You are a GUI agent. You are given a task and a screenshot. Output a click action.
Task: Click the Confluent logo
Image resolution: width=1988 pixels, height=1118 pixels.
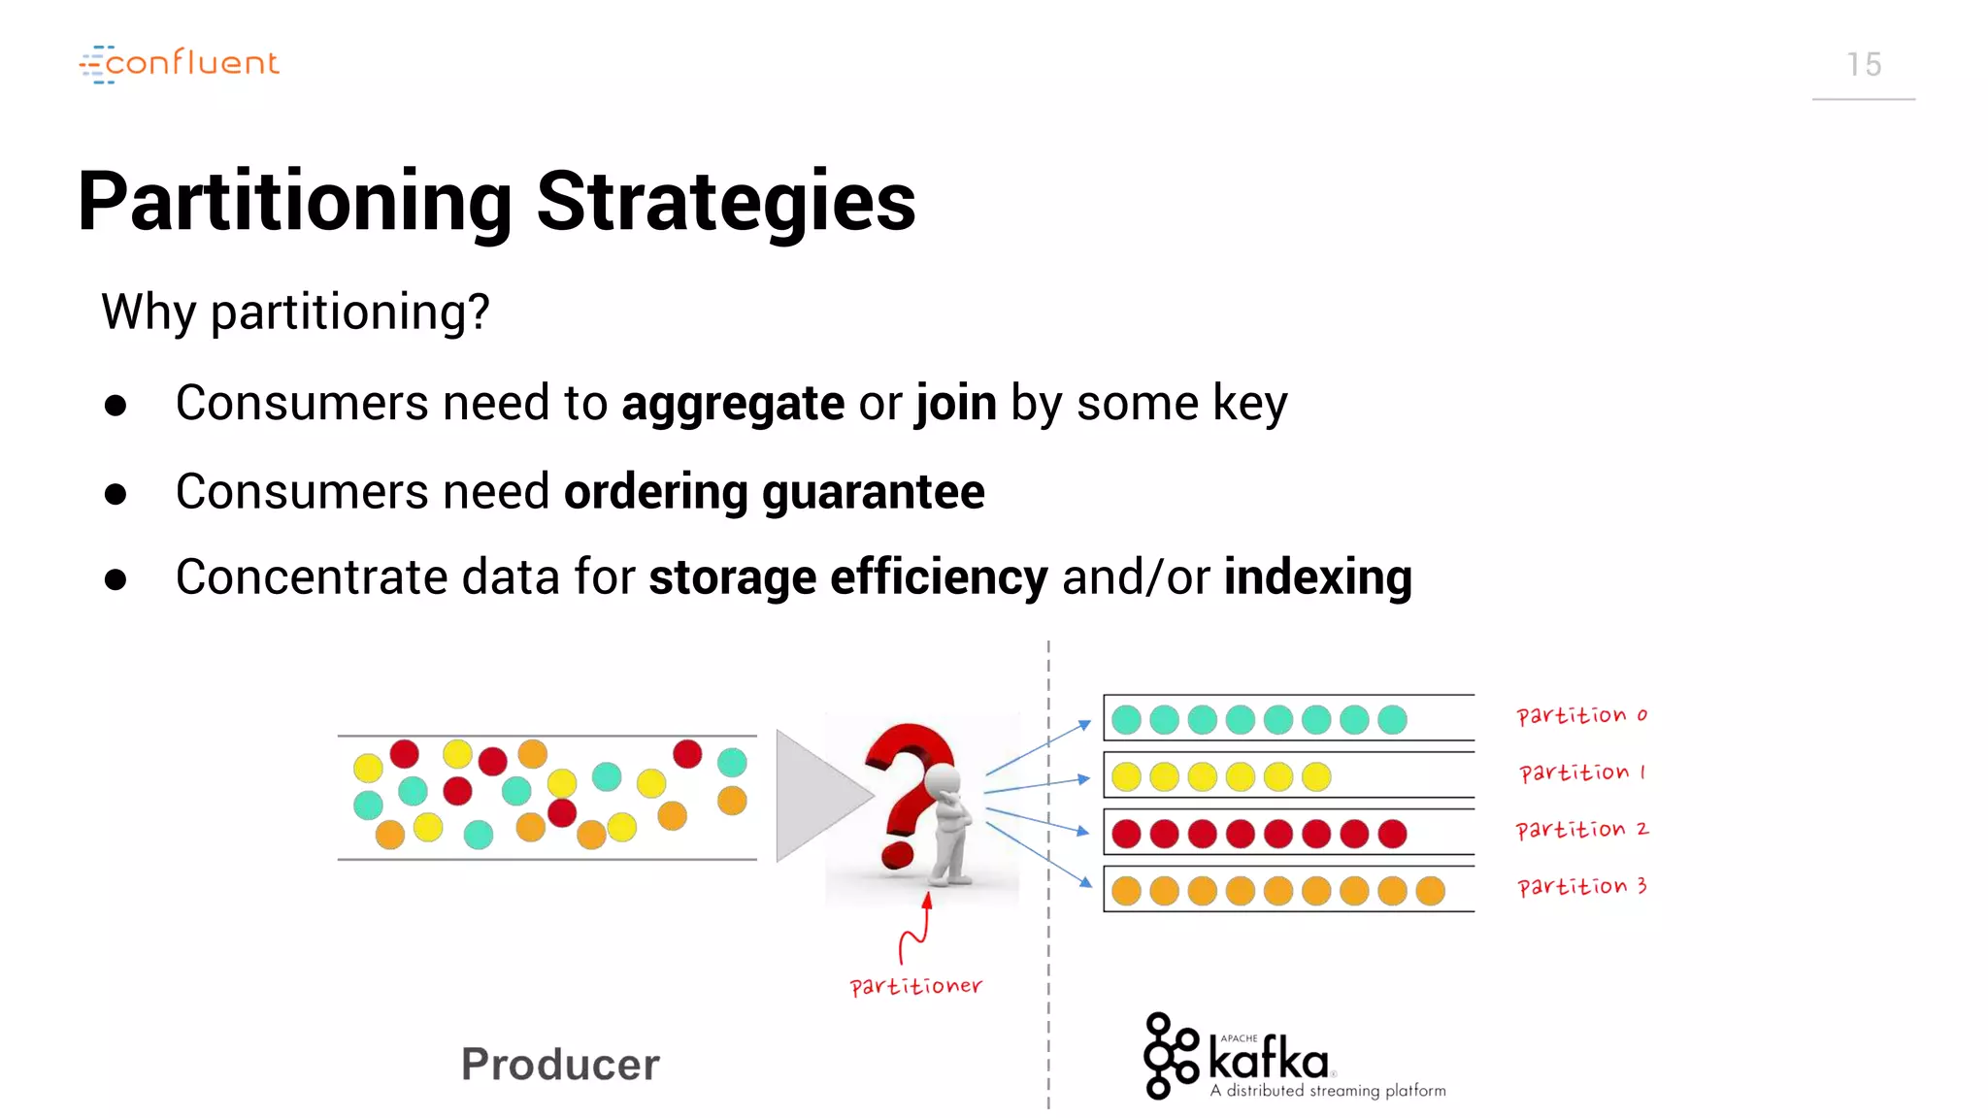(x=180, y=64)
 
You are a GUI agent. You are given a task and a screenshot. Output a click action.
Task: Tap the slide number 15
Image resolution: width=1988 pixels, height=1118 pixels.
(x=1863, y=65)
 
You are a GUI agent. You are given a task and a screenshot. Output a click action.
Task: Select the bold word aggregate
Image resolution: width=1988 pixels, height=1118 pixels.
(x=733, y=403)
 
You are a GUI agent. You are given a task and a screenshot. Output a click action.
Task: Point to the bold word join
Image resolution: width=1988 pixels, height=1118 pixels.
(x=956, y=403)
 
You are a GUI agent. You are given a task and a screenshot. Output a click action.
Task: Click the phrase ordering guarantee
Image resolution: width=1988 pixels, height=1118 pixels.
(x=774, y=491)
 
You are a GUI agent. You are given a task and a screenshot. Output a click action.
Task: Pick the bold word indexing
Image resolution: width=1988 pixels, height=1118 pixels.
(x=1317, y=577)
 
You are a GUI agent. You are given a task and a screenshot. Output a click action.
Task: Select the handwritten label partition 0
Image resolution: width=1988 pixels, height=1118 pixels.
(x=1581, y=715)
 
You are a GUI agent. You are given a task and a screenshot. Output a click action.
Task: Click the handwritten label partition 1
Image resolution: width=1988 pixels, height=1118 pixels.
(x=1581, y=773)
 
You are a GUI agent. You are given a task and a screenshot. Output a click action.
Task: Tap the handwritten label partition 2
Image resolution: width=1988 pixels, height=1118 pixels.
(x=1581, y=830)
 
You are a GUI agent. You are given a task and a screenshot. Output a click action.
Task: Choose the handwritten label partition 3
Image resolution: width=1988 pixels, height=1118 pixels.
(x=1581, y=886)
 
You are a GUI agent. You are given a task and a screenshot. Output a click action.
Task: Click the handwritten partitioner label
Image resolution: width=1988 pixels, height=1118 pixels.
(x=915, y=986)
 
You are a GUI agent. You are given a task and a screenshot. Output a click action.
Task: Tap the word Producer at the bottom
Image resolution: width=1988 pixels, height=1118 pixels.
(x=560, y=1065)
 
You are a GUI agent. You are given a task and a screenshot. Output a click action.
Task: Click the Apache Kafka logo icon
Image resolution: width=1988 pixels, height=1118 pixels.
(x=1171, y=1056)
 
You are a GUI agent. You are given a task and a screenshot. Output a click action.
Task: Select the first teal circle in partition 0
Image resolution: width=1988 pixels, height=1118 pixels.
(x=1126, y=719)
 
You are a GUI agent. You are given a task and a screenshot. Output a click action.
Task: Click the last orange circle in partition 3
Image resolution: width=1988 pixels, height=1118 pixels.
(x=1430, y=891)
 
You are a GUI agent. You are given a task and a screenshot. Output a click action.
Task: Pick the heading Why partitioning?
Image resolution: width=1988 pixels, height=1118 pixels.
(x=295, y=312)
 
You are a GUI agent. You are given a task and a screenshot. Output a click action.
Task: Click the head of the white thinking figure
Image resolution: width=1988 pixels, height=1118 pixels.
(x=943, y=778)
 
